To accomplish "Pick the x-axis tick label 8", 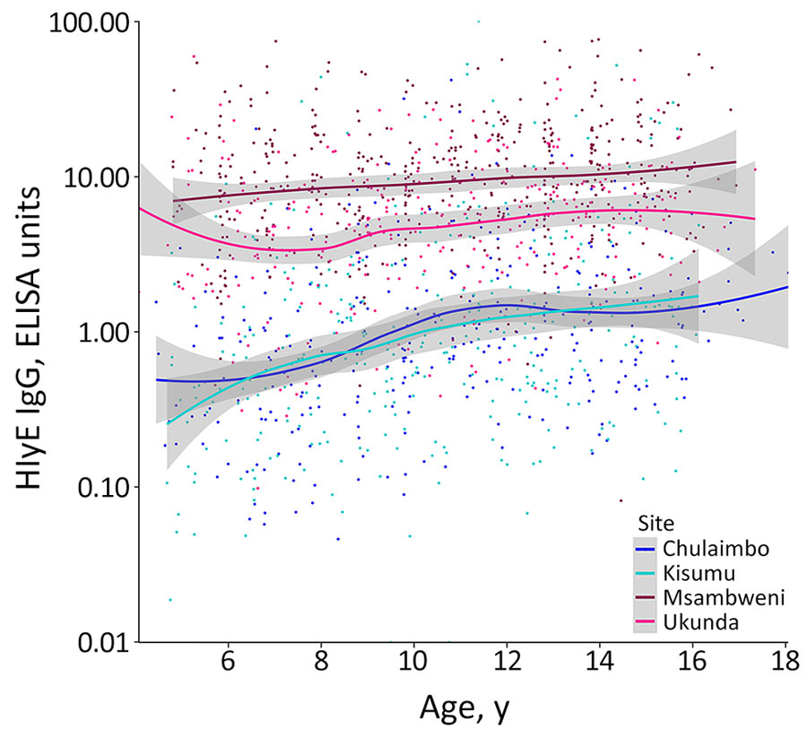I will (321, 667).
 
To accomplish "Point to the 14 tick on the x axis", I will (600, 667).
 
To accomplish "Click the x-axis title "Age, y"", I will (465, 708).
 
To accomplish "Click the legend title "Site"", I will (651, 523).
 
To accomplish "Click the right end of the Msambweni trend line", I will (735, 162).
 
